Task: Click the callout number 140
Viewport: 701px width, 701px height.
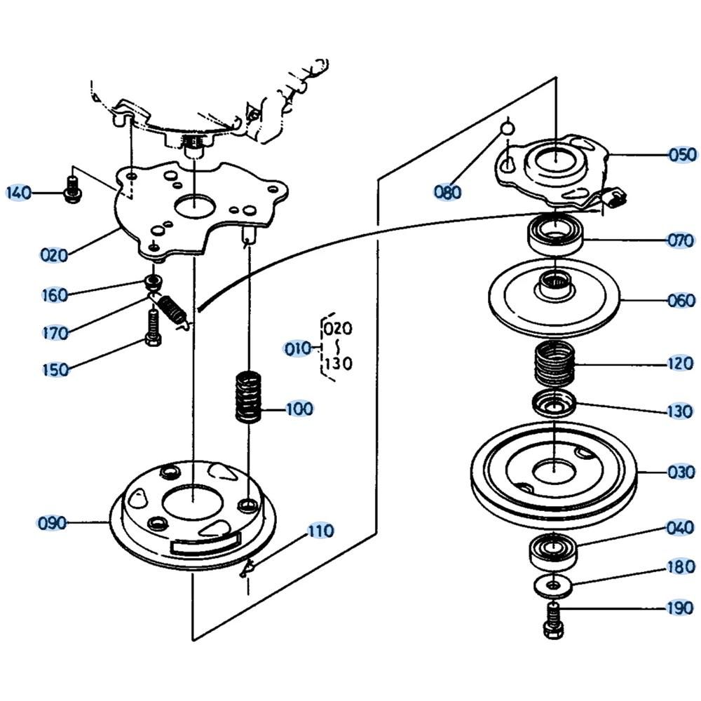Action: coord(20,191)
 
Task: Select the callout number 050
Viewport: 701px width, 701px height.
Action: coord(681,154)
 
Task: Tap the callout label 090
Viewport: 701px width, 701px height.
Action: coord(53,523)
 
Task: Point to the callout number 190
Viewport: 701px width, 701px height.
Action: coord(679,608)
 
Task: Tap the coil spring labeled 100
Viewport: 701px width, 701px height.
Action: coord(247,397)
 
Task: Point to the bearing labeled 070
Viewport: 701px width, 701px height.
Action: coord(554,235)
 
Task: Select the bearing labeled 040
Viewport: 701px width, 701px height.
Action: coord(552,550)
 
